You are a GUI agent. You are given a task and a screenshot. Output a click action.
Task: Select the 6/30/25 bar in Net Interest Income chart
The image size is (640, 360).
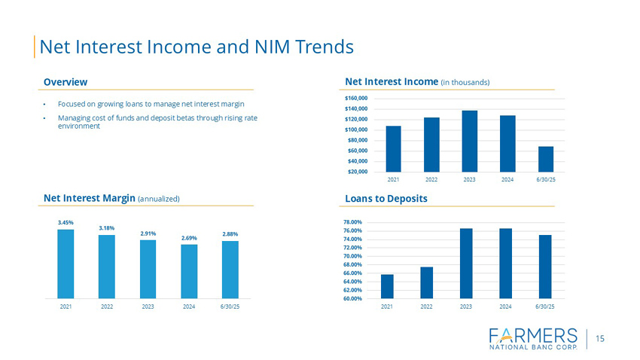click(x=546, y=159)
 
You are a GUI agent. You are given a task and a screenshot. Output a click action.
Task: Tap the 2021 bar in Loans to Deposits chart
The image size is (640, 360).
click(x=387, y=286)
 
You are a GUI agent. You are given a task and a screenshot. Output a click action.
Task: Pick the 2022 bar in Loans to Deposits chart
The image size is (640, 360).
click(x=426, y=282)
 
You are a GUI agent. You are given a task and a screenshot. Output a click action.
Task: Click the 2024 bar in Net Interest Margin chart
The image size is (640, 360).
click(x=189, y=271)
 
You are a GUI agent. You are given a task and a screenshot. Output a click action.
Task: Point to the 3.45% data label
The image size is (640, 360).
click(x=66, y=222)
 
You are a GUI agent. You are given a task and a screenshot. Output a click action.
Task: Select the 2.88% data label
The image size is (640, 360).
click(x=230, y=233)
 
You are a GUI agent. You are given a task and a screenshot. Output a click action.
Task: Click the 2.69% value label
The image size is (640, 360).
click(x=189, y=238)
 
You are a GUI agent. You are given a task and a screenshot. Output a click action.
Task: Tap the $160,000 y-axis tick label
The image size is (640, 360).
click(x=357, y=98)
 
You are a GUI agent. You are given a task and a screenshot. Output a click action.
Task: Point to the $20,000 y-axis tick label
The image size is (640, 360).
click(x=358, y=172)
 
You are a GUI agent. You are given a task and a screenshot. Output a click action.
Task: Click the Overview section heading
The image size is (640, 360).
click(x=66, y=81)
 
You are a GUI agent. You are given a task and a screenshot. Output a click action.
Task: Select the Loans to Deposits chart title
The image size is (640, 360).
click(x=386, y=198)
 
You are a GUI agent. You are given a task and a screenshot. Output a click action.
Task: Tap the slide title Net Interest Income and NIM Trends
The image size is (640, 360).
click(x=196, y=47)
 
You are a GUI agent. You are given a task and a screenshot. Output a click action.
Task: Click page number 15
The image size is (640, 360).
click(x=600, y=338)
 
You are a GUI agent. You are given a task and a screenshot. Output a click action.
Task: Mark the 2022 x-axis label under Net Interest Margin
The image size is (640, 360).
click(x=107, y=307)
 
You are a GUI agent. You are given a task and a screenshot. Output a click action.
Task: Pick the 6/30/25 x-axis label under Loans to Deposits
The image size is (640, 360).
click(x=545, y=307)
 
